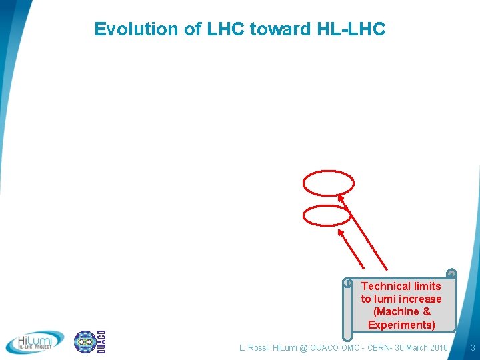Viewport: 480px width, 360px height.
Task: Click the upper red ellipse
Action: [329, 182]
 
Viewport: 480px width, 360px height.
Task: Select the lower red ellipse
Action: [327, 215]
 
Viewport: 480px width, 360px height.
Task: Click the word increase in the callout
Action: [421, 299]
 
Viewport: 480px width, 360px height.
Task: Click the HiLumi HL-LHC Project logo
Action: [35, 342]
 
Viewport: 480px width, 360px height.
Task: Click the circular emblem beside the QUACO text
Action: [85, 342]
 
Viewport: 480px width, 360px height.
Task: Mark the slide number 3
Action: [472, 348]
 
